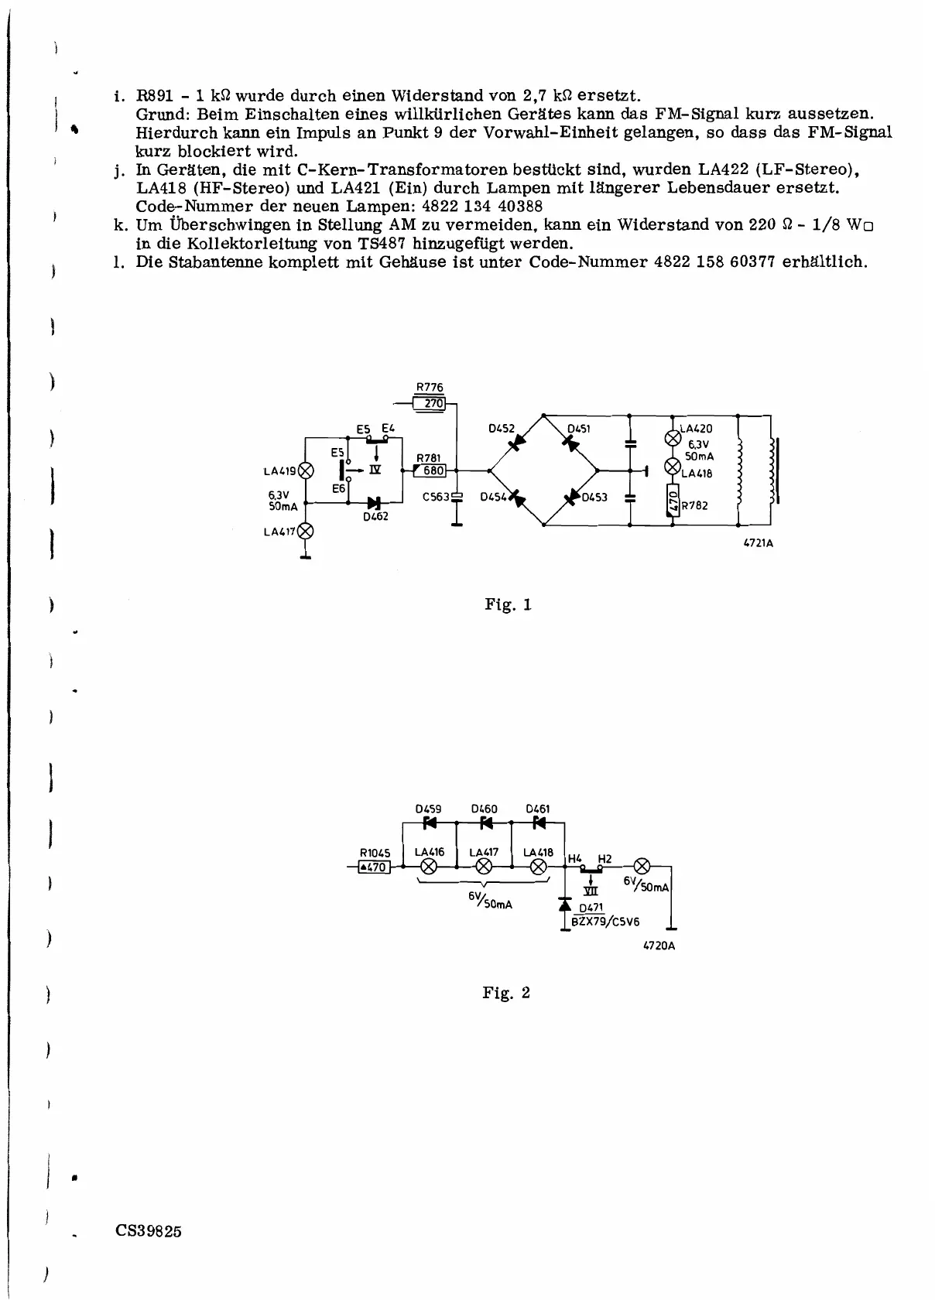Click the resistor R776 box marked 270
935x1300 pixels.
[430, 403]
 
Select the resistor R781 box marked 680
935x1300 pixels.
[430, 470]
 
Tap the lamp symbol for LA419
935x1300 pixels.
[307, 470]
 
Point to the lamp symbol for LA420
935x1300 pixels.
[673, 436]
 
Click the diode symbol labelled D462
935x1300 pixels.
[375, 503]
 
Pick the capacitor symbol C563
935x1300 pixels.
[457, 496]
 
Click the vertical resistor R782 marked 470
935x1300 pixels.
[673, 500]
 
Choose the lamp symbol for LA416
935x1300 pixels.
[430, 867]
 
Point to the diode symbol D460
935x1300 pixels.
[485, 823]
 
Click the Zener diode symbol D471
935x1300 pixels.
[566, 904]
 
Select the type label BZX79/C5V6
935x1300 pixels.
[606, 922]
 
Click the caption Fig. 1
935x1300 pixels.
[508, 604]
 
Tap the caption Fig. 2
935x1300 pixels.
[506, 993]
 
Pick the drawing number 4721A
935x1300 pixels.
[758, 543]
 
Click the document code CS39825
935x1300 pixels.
[149, 1231]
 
